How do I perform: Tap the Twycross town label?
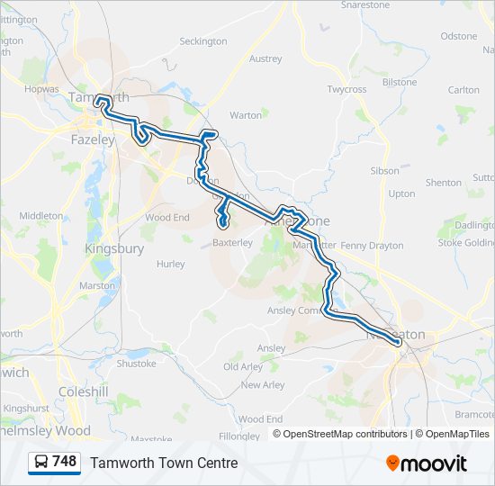pyautogui.click(x=347, y=90)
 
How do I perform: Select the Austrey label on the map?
pyautogui.click(x=265, y=59)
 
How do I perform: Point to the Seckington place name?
pyautogui.click(x=203, y=41)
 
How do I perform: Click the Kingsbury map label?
pyautogui.click(x=113, y=248)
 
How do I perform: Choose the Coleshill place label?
pyautogui.click(x=83, y=391)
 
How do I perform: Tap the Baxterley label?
pyautogui.click(x=233, y=242)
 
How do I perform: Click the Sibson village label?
pyautogui.click(x=384, y=170)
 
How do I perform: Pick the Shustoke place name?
pyautogui.click(x=137, y=364)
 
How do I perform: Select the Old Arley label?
pyautogui.click(x=243, y=367)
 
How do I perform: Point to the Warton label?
pyautogui.click(x=246, y=115)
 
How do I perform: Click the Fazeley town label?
pyautogui.click(x=93, y=140)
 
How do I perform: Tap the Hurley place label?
pyautogui.click(x=170, y=265)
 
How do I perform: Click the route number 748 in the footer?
pyautogui.click(x=64, y=462)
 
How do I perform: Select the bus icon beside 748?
pyautogui.click(x=41, y=463)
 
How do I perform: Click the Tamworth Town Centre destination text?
pyautogui.click(x=164, y=463)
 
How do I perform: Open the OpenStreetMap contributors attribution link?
pyautogui.click(x=346, y=434)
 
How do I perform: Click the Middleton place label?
pyautogui.click(x=41, y=216)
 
